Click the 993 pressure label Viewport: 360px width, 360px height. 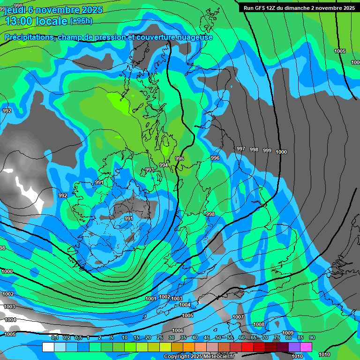point(150,170)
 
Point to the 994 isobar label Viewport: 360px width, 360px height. point(164,165)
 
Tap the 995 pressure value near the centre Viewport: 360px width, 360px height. point(180,158)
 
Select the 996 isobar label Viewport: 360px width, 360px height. point(215,158)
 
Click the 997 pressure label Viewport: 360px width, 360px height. point(241,149)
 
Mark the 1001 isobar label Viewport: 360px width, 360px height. point(151,299)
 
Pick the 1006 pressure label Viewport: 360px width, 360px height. point(178,330)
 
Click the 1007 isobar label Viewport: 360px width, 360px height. point(238,317)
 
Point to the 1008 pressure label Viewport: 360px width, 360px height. point(259,324)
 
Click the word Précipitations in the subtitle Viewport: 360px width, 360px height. point(30,37)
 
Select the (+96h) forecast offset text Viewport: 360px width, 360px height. point(81,21)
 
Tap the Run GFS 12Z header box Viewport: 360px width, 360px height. point(299,8)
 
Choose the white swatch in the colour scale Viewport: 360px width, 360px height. point(48,347)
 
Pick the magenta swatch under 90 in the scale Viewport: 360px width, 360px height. point(306,347)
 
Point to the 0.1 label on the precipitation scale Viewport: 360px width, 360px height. point(55,338)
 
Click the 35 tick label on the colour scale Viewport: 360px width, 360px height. point(183,338)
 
